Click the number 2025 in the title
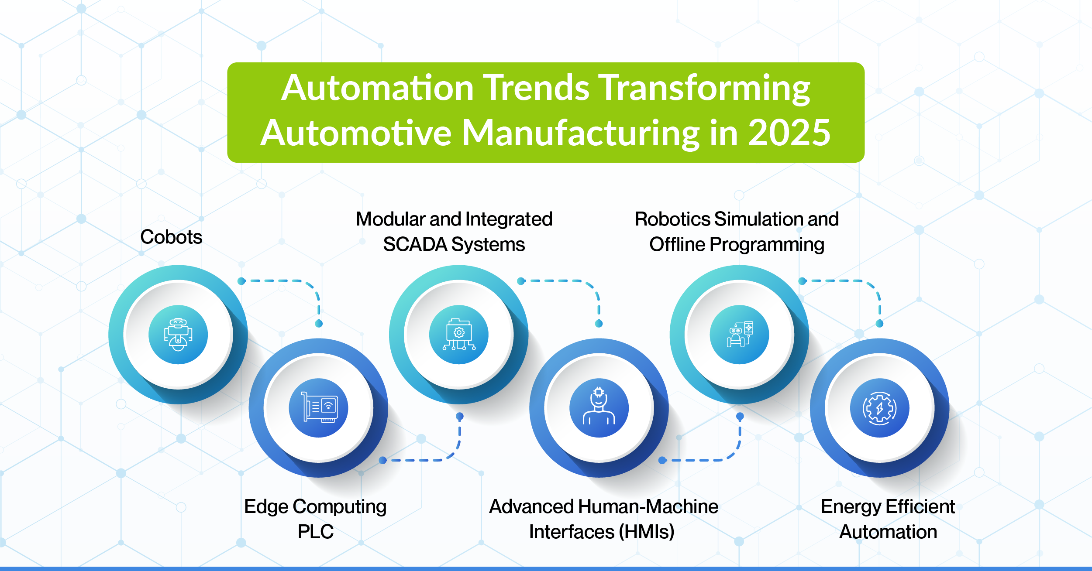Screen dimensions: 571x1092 [789, 133]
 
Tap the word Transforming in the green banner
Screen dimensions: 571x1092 [704, 88]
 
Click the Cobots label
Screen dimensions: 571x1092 [171, 237]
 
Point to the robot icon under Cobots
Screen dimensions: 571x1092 [178, 335]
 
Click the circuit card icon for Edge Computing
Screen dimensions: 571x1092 [319, 408]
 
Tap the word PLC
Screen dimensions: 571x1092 [316, 532]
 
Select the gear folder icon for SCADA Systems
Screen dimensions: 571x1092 [459, 335]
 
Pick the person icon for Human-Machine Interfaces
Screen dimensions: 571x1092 [599, 408]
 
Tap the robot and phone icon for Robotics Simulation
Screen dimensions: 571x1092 [739, 335]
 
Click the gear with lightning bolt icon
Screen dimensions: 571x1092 [880, 408]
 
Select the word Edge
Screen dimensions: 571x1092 [266, 507]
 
